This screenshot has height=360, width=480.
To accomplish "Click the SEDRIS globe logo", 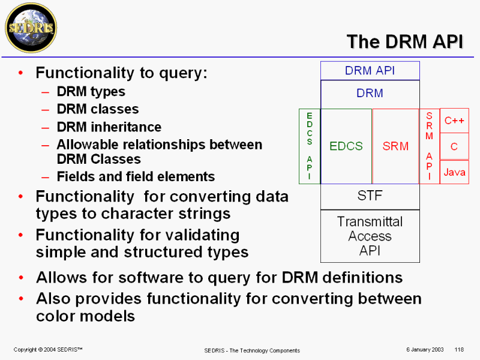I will coord(31,28).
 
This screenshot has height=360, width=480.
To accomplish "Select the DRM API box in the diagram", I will coord(370,70).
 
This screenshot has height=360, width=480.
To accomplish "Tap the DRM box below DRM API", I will coord(370,94).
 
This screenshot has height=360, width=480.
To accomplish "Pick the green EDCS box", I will coord(346,146).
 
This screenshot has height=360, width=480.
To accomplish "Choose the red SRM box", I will coord(395,146).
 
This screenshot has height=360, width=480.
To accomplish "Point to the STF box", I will coord(370,196).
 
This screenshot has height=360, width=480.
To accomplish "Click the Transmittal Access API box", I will coord(370,236).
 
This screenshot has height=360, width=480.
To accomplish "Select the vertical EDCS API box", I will coord(310,146).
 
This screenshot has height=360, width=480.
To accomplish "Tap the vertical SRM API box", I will coord(429,146).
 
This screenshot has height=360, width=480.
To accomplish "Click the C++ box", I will coord(454,121).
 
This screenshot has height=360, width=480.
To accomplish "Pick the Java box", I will coord(454,172).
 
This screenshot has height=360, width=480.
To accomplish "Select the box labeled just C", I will coord(454,146).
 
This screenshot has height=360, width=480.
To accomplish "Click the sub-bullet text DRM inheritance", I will coord(109,127).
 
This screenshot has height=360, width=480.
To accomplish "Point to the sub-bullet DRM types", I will coord(91,92).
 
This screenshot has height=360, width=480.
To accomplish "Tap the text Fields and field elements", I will coord(136,176).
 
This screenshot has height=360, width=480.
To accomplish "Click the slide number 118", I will coord(460,350).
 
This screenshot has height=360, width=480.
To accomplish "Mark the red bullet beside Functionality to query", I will coord(22,73).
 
